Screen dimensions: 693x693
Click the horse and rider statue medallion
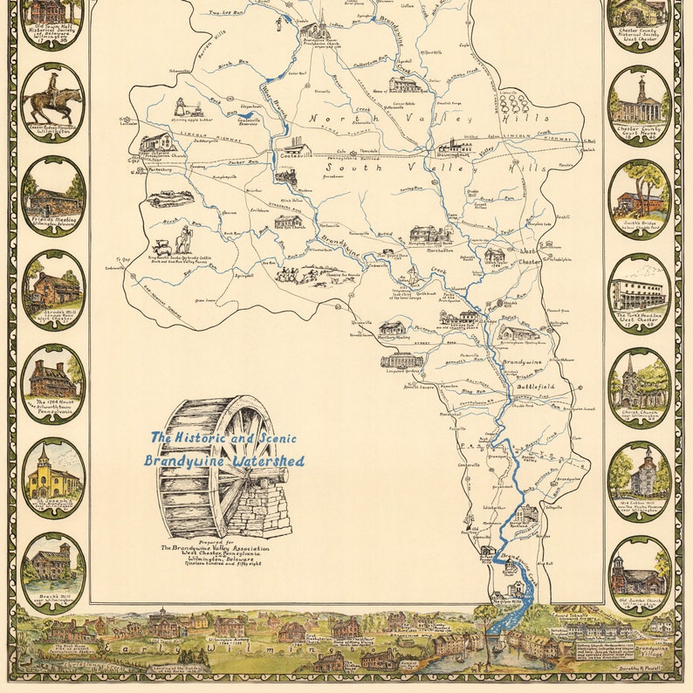(52, 103)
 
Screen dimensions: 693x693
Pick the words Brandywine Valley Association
(215, 547)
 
